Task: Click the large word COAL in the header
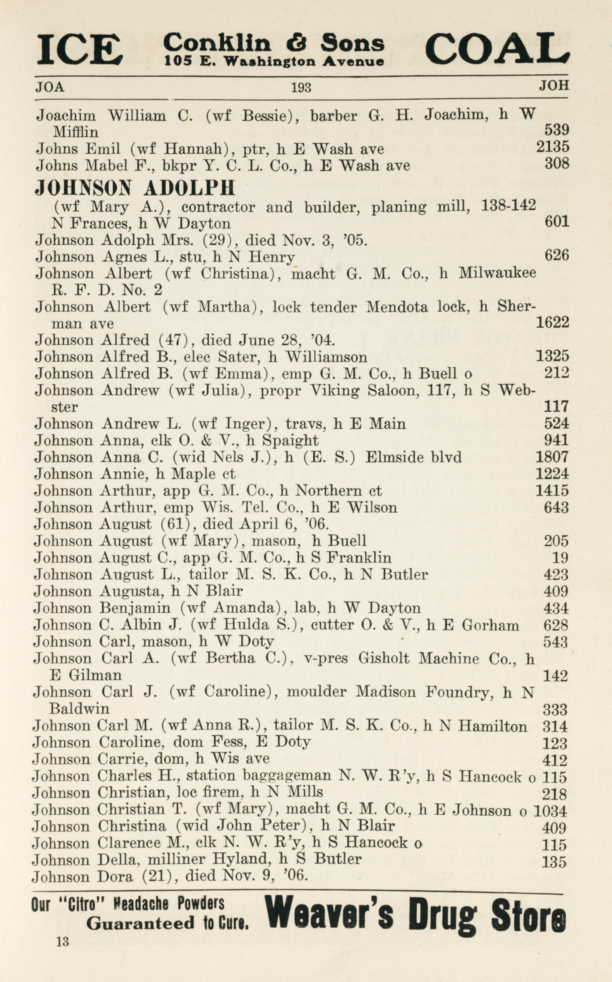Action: tap(497, 48)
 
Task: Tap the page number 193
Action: tap(301, 87)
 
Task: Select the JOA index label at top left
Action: tap(50, 87)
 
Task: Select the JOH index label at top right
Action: tap(554, 85)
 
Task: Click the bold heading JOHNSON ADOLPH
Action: tap(135, 188)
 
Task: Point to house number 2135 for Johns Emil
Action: tap(552, 147)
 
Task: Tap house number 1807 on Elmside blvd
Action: tap(552, 457)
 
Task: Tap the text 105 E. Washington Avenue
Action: tap(274, 61)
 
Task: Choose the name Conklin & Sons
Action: tap(274, 42)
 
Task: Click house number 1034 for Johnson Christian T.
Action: tap(550, 810)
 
